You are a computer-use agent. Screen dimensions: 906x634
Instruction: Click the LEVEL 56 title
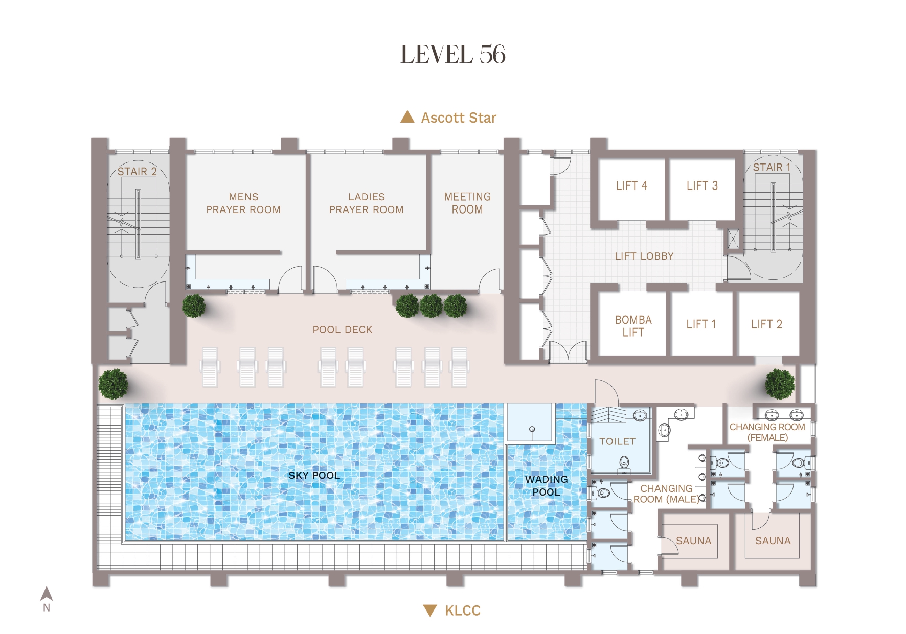coord(453,55)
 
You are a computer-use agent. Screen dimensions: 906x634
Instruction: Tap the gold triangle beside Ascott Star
coord(407,117)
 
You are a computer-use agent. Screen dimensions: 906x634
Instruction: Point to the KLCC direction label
coord(463,610)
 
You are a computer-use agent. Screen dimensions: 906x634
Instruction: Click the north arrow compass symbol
coord(47,594)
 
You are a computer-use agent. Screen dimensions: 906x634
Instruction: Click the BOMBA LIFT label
coord(633,326)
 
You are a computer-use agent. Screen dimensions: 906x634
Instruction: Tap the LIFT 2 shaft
coord(767,324)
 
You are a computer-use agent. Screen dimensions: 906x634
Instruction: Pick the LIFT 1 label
coord(701,324)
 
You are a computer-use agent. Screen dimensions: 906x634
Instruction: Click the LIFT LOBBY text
coord(644,256)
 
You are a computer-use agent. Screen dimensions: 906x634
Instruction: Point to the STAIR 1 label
coord(772,167)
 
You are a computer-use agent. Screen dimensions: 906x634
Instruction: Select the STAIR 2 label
coord(137,171)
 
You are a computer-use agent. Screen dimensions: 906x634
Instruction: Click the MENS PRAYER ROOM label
coord(243,203)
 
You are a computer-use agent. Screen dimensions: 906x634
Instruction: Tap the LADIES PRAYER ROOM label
coord(367,203)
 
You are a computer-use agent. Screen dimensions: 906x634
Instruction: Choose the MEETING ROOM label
coord(467,203)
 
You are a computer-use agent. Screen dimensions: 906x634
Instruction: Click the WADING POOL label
coord(547,485)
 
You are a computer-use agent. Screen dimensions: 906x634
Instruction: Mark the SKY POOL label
coord(314,475)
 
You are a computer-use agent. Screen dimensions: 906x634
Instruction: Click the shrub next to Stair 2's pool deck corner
coord(194,306)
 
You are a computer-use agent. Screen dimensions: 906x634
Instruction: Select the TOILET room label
coord(618,441)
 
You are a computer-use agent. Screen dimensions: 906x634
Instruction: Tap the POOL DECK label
coord(343,330)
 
